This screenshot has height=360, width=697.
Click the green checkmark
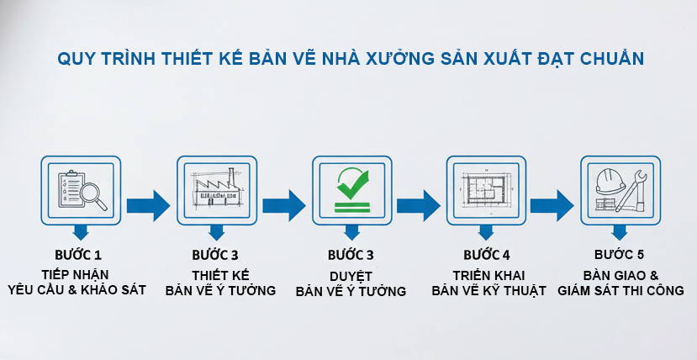[x=351, y=180]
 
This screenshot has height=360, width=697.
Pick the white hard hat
[x=610, y=182]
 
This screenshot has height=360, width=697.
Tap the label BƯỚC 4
[x=487, y=255]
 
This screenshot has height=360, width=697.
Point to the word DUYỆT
[x=351, y=275]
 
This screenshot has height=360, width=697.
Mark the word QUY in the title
[x=73, y=59]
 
